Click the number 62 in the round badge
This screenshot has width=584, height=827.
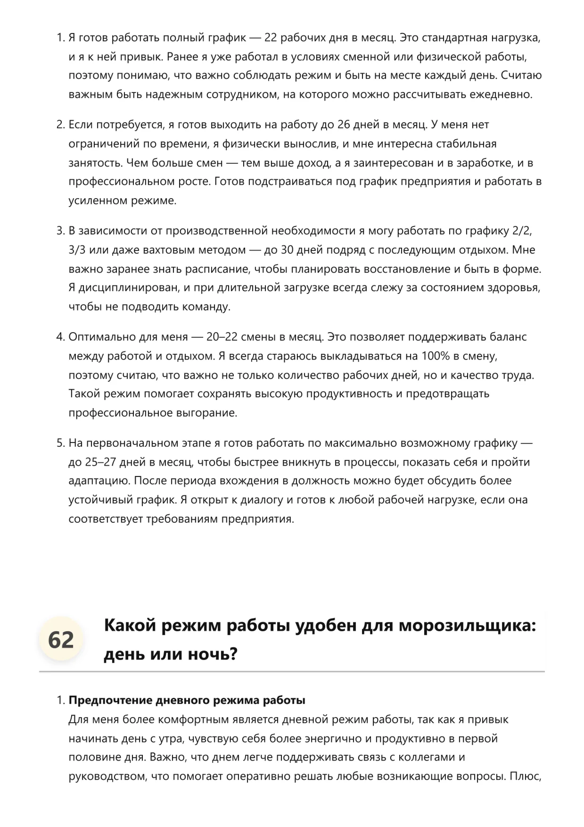[x=61, y=640]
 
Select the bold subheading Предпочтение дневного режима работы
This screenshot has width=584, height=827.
[x=187, y=700]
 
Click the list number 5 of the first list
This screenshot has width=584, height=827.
[x=60, y=443]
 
